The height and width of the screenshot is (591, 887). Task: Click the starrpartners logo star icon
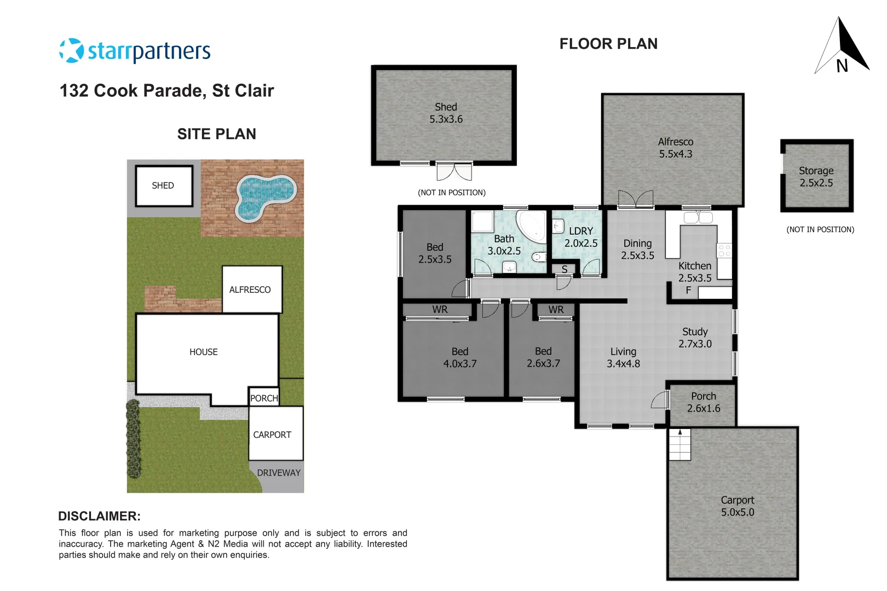71,51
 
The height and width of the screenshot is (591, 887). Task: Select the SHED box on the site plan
164,186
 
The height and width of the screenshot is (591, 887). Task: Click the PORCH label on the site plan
264,398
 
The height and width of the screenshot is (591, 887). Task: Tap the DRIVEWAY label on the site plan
279,473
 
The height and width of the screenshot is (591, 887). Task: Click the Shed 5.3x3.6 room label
446,113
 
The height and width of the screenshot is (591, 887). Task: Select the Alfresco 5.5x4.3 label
675,148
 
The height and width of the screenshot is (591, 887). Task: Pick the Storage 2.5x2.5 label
816,177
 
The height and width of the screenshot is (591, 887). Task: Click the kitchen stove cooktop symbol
724,251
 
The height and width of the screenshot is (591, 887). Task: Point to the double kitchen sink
698,218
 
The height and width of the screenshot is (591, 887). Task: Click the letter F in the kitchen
688,291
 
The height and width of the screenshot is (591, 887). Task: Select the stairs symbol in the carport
680,444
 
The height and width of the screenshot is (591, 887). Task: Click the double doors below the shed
454,172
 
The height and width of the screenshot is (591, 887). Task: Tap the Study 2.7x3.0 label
695,338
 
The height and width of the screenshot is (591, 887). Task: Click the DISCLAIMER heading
99,516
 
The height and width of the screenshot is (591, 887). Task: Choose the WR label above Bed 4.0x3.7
440,310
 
